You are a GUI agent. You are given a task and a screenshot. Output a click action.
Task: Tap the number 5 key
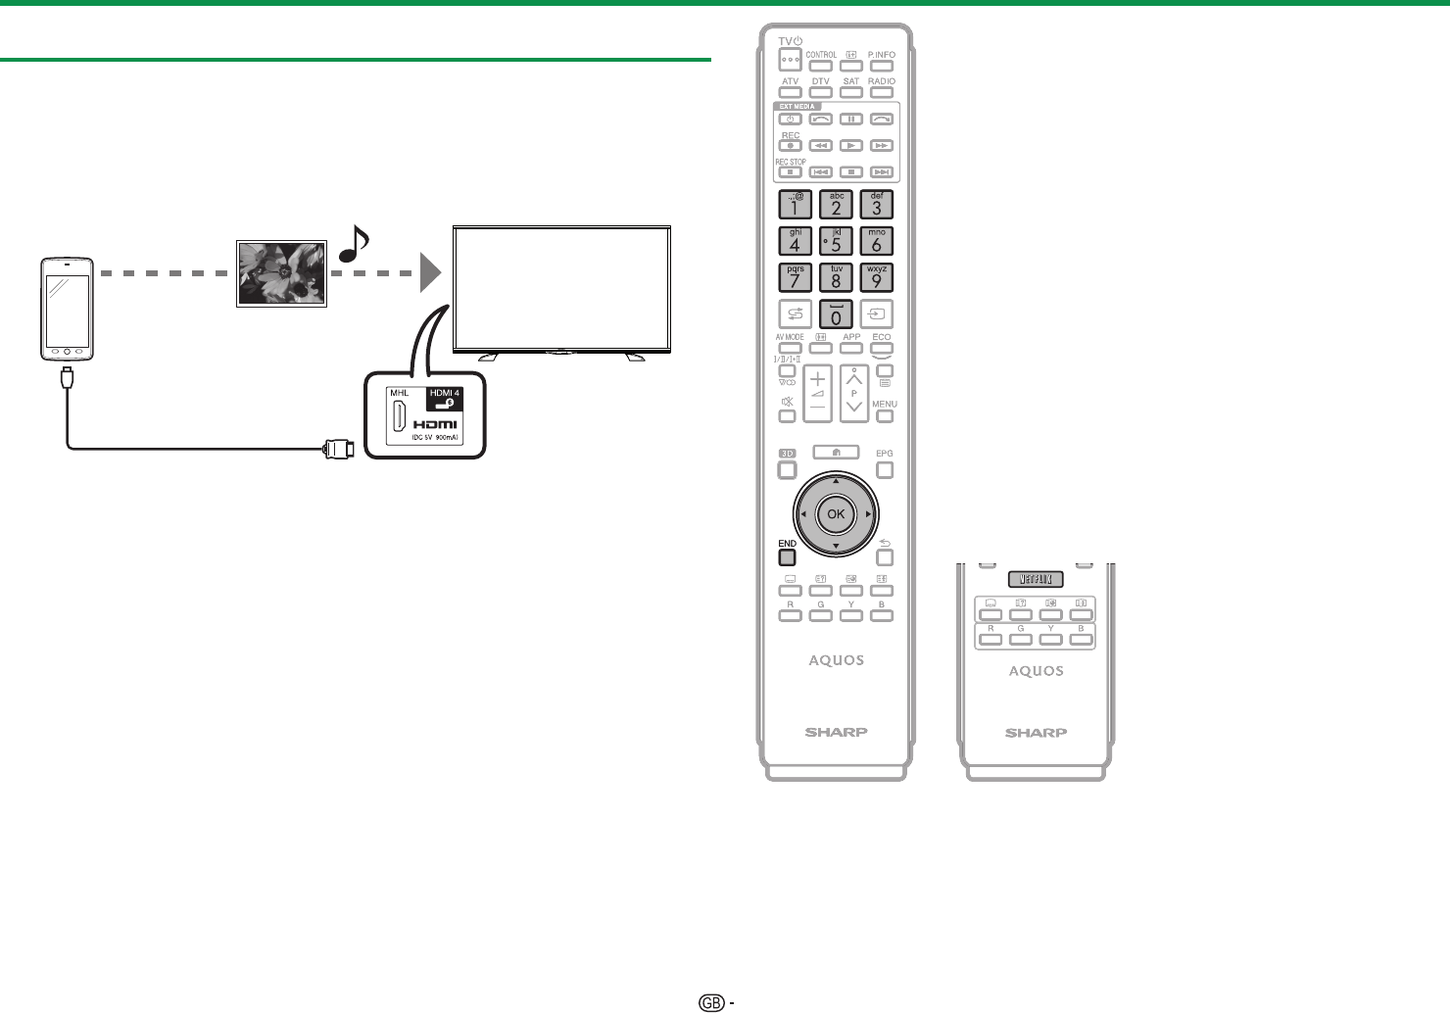[x=836, y=241]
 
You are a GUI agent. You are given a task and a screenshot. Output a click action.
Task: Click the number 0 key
[x=836, y=314]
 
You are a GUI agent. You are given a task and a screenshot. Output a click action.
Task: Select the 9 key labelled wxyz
[x=877, y=277]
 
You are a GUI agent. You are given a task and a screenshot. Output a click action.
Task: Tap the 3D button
[x=787, y=454]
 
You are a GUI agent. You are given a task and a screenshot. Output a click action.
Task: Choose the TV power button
[x=790, y=58]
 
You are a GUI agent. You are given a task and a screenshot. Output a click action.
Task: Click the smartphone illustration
[x=67, y=310]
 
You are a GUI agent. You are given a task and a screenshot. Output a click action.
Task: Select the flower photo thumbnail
[x=281, y=272]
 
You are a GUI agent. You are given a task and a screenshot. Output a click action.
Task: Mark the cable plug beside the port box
[x=338, y=450]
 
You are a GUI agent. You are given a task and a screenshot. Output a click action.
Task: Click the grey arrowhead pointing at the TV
[x=431, y=272]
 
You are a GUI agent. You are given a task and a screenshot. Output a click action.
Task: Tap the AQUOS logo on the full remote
[x=836, y=660]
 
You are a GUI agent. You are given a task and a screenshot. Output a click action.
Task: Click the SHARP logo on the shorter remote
[x=1036, y=733]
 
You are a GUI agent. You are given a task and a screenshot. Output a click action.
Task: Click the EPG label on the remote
[x=885, y=454]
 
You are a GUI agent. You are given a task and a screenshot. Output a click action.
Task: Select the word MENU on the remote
[x=885, y=404]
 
